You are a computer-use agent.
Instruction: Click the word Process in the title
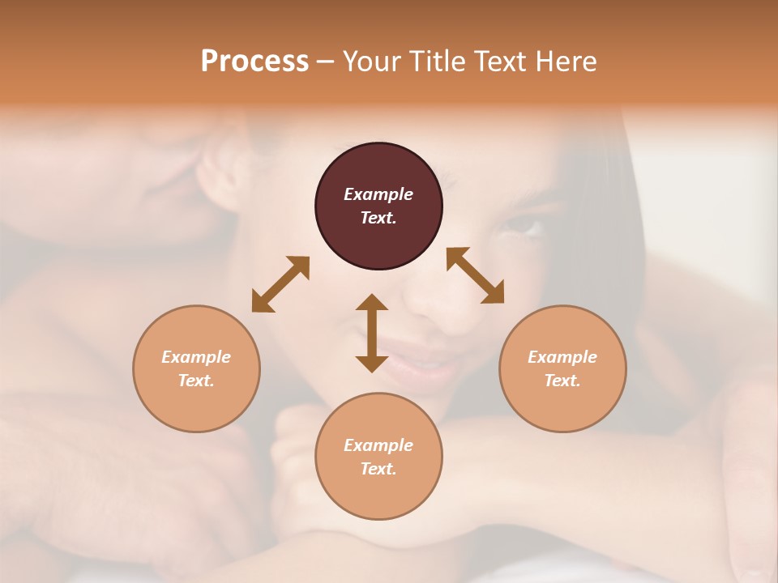(x=254, y=62)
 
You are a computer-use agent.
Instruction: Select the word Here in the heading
(x=565, y=62)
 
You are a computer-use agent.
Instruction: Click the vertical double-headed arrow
(x=372, y=333)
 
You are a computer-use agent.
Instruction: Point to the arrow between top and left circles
(x=280, y=284)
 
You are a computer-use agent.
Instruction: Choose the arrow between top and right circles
(x=476, y=275)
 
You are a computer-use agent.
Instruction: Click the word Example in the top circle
(x=378, y=194)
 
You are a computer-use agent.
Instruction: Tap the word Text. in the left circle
(x=196, y=381)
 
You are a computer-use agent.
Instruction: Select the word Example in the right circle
(x=562, y=357)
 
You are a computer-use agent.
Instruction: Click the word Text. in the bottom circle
(x=378, y=469)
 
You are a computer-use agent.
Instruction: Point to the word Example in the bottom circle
(x=378, y=445)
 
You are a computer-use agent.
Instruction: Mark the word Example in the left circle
(x=196, y=357)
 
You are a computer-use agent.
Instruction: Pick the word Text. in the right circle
(x=562, y=381)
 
